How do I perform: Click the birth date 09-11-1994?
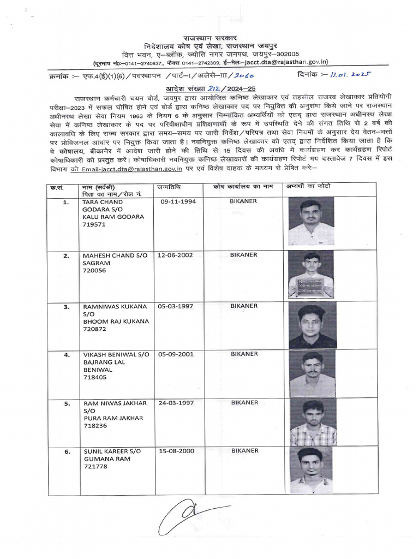(178, 201)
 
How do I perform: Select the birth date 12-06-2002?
(177, 255)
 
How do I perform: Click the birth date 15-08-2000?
(177, 451)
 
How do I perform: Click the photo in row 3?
(312, 326)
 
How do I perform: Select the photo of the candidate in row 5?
(313, 423)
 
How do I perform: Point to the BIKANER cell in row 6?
(244, 451)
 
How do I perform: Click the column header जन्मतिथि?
(169, 187)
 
